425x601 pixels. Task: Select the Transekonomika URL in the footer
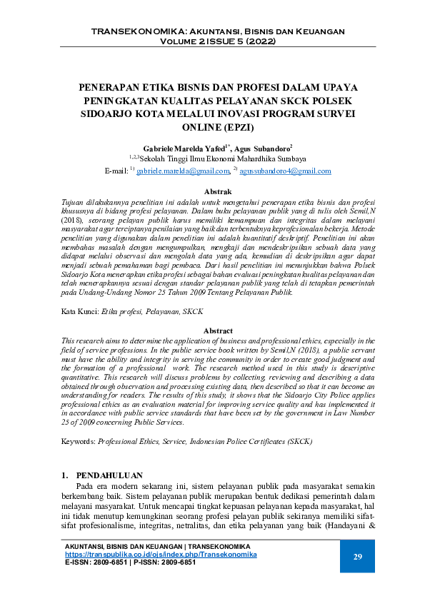point(161,555)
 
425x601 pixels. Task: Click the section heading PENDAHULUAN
point(109,475)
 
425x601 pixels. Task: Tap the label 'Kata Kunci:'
point(79,313)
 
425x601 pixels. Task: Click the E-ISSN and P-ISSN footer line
point(131,562)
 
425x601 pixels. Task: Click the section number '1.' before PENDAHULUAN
point(65,475)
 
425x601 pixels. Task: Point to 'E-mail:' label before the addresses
point(116,171)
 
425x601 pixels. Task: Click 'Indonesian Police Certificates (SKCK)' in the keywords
point(250,442)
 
